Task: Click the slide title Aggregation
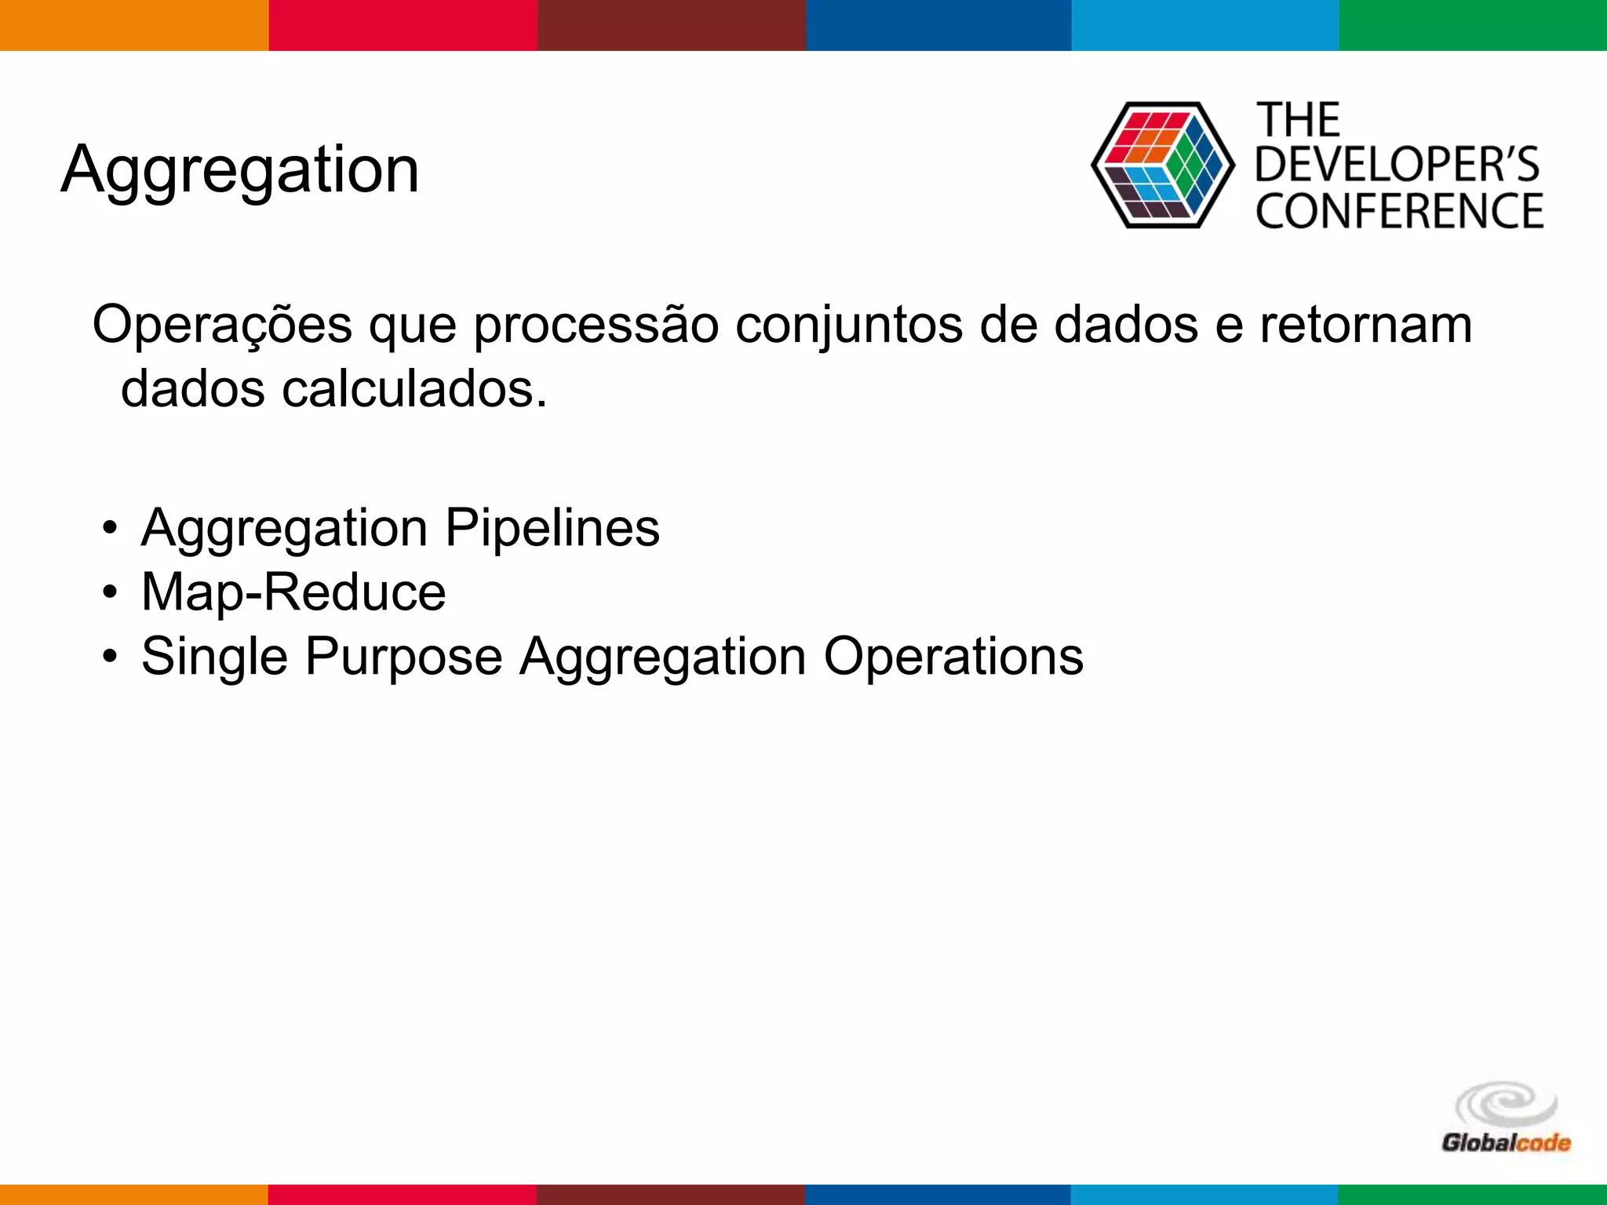240,169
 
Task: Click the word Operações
222,324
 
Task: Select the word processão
596,324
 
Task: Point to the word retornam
1366,324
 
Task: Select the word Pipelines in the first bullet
552,527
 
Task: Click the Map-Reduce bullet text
293,592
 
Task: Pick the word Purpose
403,656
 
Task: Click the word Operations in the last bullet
953,656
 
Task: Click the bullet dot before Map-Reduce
110,593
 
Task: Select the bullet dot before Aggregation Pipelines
110,529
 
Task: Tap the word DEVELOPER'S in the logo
1397,165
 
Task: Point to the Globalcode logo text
1506,1142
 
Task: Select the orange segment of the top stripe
133,25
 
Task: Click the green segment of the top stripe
1473,25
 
